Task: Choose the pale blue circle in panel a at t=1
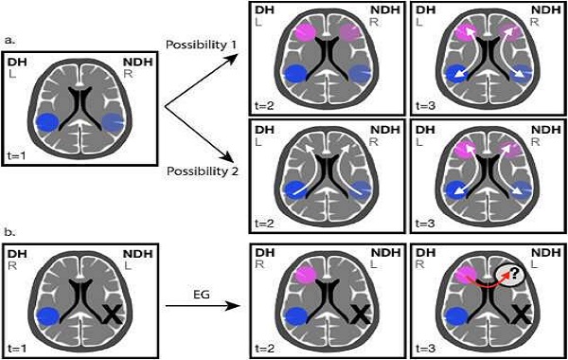tap(113, 122)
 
